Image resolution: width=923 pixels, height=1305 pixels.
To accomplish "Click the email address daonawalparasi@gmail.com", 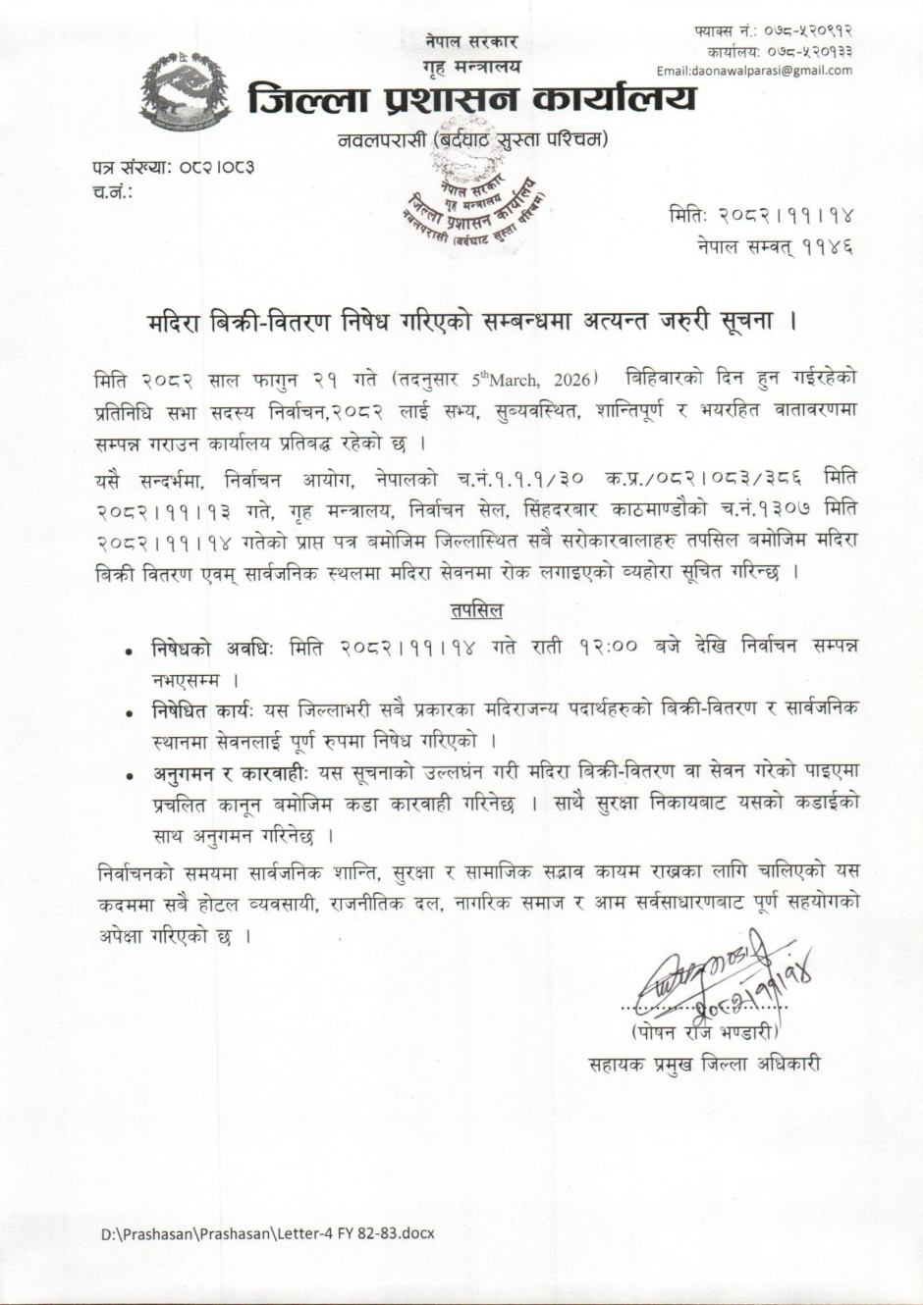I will pos(754,70).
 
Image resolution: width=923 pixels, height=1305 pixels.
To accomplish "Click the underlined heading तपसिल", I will pos(477,611).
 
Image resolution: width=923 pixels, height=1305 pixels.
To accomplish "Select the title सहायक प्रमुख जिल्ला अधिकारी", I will pos(703,1064).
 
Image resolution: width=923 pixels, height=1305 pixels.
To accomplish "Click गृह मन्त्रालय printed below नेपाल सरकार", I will pos(472,66).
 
